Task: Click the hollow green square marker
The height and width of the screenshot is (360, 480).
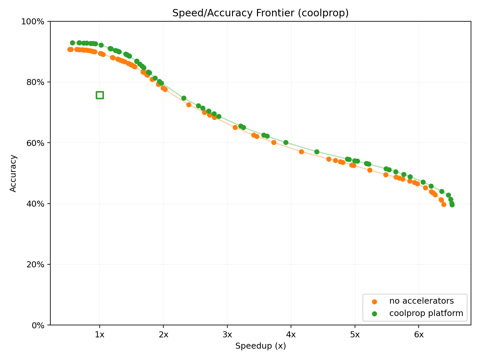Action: pyautogui.click(x=100, y=95)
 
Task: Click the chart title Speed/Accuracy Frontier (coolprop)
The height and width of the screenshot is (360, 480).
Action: pyautogui.click(x=260, y=13)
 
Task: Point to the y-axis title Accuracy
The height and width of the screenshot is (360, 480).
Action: pyautogui.click(x=13, y=173)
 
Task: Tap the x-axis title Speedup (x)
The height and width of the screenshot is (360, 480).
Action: pyautogui.click(x=260, y=346)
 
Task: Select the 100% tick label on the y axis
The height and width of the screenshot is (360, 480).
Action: pyautogui.click(x=33, y=22)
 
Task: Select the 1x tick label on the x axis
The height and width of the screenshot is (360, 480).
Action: pyautogui.click(x=100, y=335)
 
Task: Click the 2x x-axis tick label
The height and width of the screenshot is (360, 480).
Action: pyautogui.click(x=163, y=335)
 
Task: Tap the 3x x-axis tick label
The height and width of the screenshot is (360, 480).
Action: pyautogui.click(x=227, y=335)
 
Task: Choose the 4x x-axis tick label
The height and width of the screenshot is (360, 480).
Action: pyautogui.click(x=291, y=335)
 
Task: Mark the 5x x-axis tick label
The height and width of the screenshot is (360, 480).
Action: pyautogui.click(x=355, y=335)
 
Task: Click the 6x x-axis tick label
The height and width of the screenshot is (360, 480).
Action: pyautogui.click(x=419, y=335)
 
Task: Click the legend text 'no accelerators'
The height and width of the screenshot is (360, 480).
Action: pyautogui.click(x=421, y=301)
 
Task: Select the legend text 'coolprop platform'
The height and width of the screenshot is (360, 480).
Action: pyautogui.click(x=426, y=313)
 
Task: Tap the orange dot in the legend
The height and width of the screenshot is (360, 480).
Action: pyautogui.click(x=374, y=301)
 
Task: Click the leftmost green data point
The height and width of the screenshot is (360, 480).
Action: pyautogui.click(x=72, y=43)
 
